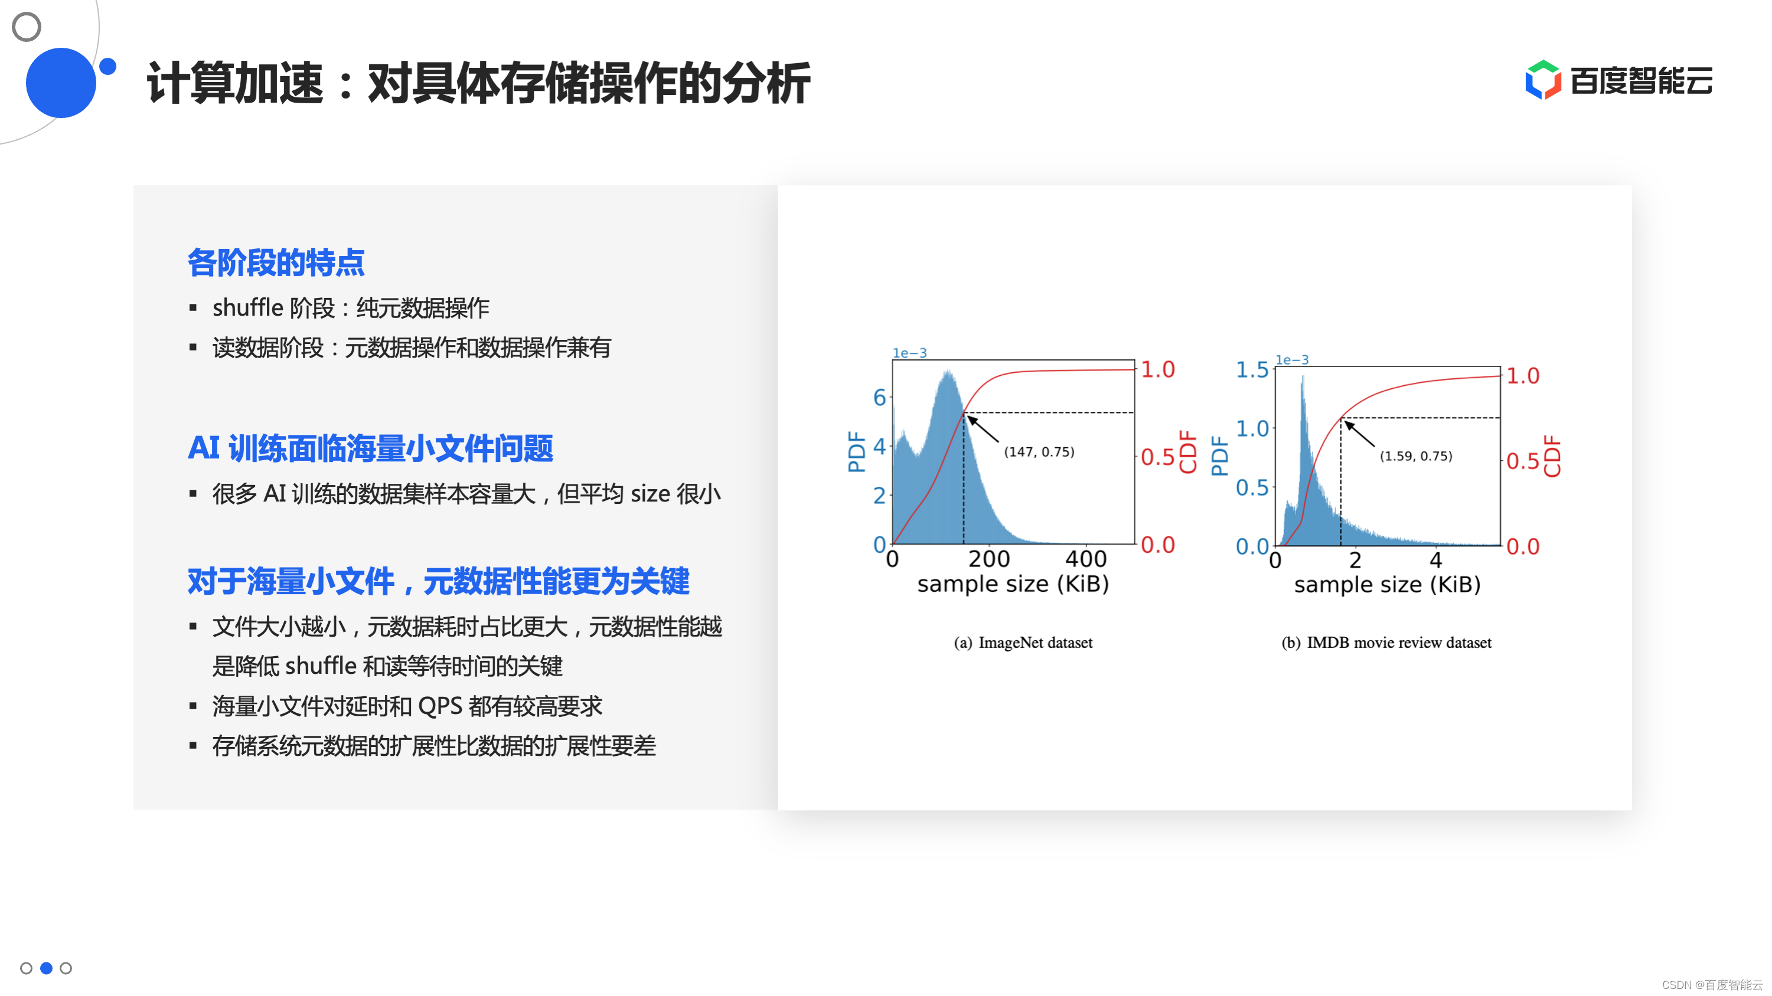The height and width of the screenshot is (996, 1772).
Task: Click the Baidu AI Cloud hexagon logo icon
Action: click(1543, 80)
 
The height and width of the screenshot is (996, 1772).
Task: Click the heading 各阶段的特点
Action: click(276, 263)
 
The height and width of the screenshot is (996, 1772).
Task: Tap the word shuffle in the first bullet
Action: click(247, 307)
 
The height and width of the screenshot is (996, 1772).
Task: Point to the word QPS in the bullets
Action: click(440, 706)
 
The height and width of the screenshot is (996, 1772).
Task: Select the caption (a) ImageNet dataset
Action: click(1023, 643)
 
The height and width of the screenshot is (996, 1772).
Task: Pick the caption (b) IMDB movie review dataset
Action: click(1386, 643)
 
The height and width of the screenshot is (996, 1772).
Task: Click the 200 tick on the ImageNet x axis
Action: click(989, 559)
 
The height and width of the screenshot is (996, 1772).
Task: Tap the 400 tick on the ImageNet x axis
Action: click(1086, 559)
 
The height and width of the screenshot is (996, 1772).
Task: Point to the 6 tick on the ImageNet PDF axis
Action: click(879, 397)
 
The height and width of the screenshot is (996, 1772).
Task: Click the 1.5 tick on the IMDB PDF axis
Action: click(1252, 370)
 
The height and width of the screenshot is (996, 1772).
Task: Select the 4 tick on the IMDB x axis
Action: click(1435, 560)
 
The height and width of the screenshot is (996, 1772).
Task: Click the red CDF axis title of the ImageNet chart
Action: click(1188, 451)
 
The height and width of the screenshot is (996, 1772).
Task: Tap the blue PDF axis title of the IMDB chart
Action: click(1220, 456)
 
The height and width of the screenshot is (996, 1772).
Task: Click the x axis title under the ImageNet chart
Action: click(1013, 584)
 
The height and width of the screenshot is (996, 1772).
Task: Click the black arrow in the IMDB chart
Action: click(1359, 434)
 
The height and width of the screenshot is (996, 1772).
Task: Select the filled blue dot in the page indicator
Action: click(46, 968)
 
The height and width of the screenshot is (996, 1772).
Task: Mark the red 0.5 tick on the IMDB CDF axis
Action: click(1522, 461)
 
